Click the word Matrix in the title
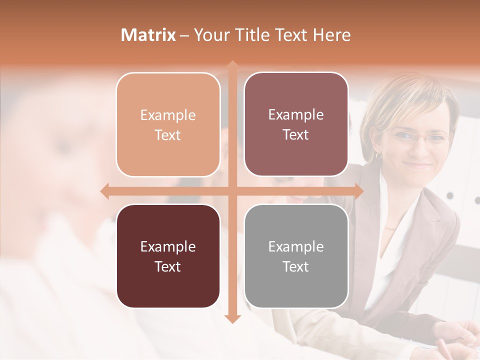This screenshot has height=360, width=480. (148, 35)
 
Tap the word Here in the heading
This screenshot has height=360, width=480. (331, 35)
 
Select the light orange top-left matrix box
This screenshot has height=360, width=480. (168, 124)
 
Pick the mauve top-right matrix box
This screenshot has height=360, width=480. (296, 124)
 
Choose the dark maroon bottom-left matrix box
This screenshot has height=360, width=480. (168, 256)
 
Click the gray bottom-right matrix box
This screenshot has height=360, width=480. (296, 256)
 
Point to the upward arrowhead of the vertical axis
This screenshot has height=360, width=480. (232, 65)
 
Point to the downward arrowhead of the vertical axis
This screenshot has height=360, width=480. (232, 318)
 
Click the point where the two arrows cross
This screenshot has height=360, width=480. (232, 191)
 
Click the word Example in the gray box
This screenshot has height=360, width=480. (296, 246)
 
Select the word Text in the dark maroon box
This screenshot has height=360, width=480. (167, 266)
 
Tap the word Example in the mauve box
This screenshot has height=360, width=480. (296, 115)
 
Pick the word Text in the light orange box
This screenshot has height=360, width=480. (167, 135)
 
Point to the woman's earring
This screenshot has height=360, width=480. (378, 156)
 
